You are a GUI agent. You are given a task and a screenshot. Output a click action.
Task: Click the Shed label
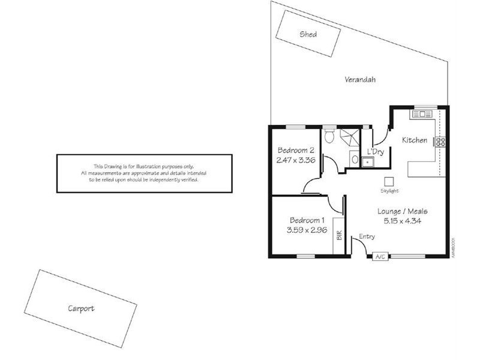coord(308,34)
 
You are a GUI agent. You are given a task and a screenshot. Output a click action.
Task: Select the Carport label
coord(80,309)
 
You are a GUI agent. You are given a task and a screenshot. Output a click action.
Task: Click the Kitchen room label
coord(414,140)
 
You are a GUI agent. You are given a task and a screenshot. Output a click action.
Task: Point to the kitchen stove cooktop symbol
coord(440,142)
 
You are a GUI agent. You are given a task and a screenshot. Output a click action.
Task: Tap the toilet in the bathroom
coord(328,136)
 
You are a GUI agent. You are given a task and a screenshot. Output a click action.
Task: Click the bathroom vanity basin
coord(354,160)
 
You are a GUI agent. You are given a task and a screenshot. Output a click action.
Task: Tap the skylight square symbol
coord(389,181)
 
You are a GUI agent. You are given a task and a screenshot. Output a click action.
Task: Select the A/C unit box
coord(379,257)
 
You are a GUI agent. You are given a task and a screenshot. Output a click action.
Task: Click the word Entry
coord(367,237)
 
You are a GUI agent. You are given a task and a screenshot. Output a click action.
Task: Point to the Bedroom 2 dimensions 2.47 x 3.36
coord(296,160)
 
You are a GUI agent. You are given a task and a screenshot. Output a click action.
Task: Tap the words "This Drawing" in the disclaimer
coord(106,166)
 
